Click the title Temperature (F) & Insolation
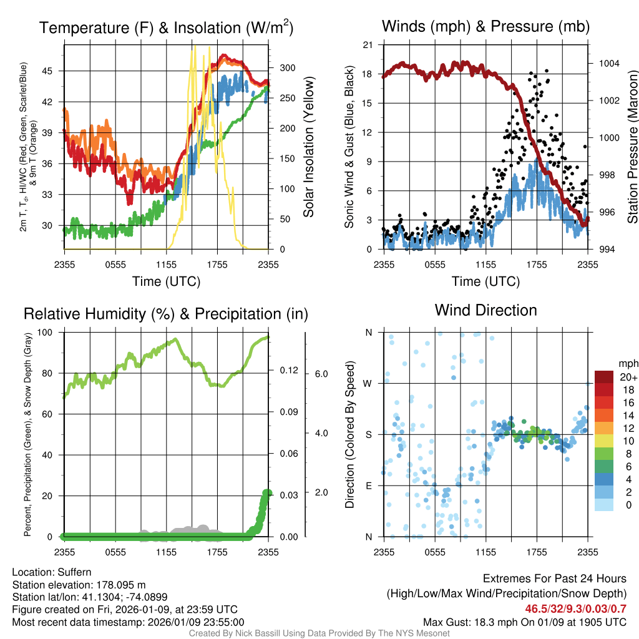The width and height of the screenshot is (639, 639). point(166,27)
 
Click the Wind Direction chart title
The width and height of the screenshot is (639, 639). point(485,310)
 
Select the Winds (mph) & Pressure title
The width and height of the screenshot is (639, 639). point(485,26)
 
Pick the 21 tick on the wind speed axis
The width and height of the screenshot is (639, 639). point(368,45)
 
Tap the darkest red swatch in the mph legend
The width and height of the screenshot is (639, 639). point(604,378)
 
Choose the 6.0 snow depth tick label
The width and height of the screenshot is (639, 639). point(320,374)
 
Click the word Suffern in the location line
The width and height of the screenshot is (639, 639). point(74,572)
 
